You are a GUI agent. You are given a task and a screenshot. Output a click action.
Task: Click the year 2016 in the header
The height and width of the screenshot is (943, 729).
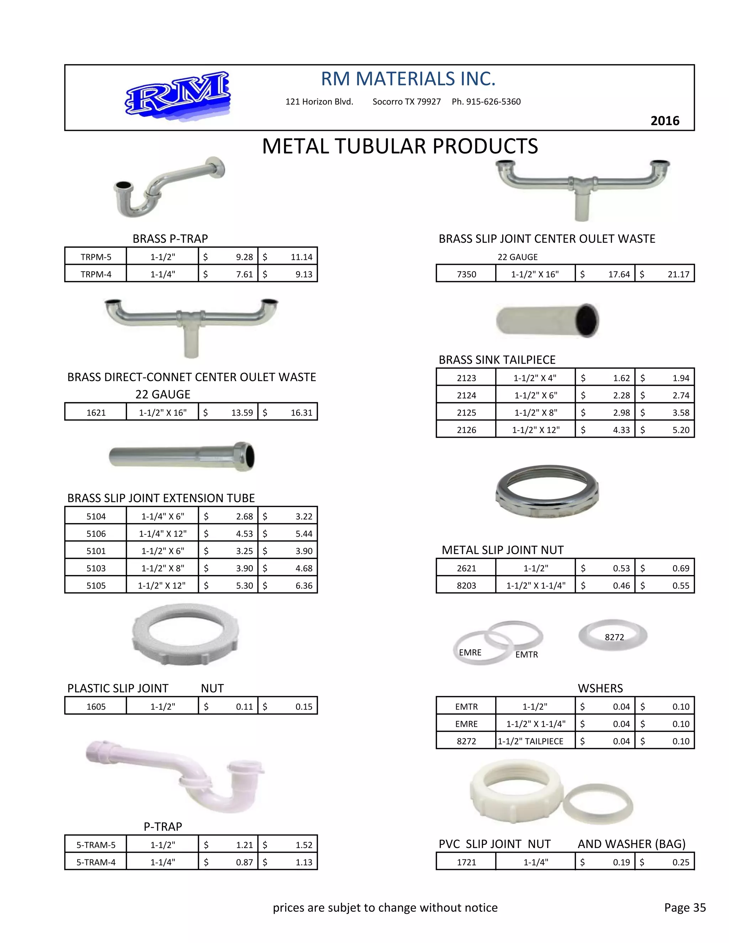665,121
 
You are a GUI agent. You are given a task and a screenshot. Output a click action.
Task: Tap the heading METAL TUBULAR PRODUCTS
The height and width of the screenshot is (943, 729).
400,146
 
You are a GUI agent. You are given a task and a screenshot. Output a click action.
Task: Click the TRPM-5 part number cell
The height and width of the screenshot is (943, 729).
96,257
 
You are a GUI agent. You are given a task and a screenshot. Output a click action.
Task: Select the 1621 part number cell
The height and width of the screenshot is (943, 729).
96,413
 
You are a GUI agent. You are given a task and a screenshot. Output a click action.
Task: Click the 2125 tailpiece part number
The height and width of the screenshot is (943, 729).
466,413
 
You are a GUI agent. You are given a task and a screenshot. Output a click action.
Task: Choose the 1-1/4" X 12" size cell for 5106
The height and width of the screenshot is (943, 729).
163,534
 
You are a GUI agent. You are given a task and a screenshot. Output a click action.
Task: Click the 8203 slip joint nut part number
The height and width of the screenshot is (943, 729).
466,585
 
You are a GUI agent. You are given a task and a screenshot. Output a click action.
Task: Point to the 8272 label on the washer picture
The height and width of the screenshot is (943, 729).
614,637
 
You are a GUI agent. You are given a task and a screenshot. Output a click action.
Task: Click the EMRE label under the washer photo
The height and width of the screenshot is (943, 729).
470,652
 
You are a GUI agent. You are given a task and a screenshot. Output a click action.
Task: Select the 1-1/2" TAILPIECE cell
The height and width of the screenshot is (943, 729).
531,741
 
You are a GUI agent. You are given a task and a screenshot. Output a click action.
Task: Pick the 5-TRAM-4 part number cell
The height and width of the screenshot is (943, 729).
96,862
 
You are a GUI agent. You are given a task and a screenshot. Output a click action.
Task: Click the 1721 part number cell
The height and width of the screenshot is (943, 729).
466,862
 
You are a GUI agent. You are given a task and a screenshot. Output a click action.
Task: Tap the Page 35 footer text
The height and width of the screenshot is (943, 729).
685,908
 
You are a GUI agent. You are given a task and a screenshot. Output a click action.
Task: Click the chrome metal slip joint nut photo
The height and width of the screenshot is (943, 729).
547,491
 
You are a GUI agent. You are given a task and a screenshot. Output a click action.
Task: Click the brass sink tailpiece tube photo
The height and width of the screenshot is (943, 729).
547,320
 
